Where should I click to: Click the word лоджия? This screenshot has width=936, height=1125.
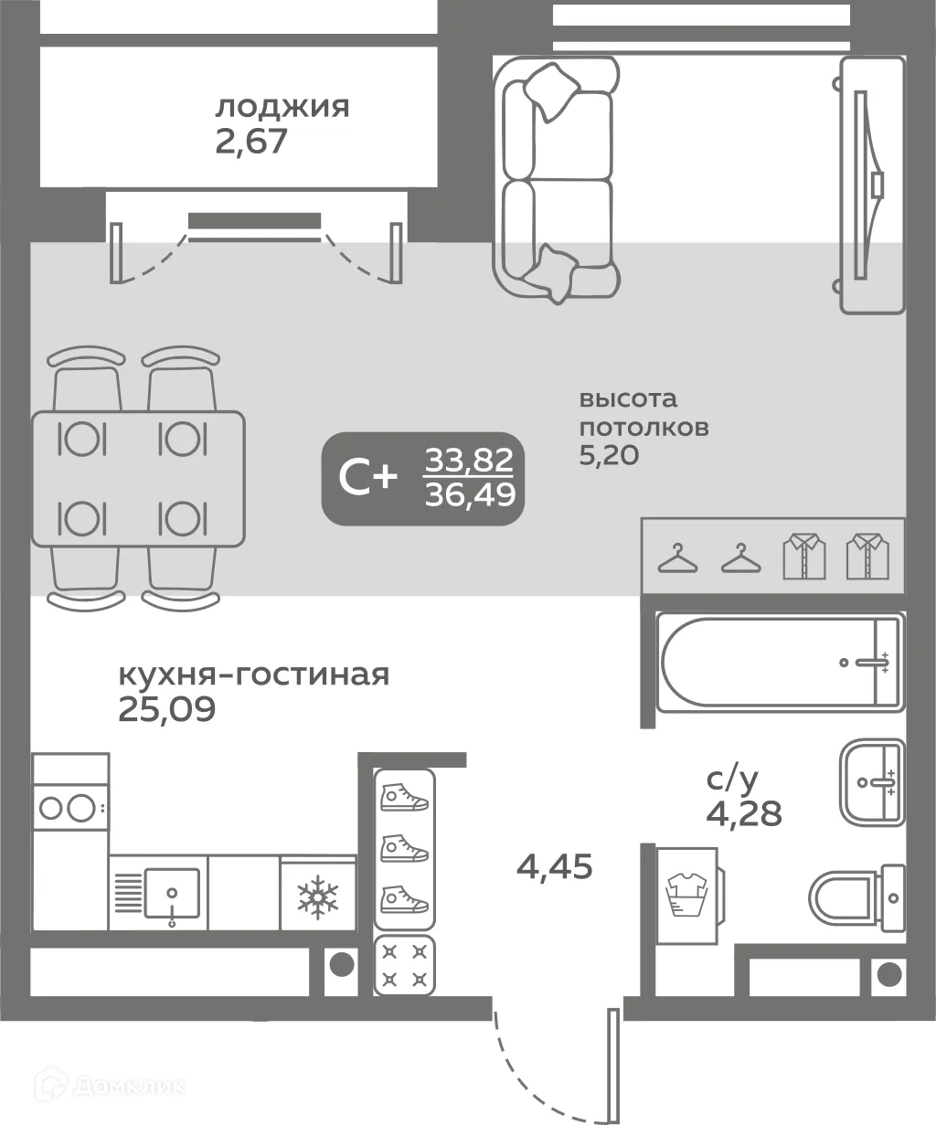coord(282,108)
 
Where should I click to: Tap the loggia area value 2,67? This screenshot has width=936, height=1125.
coord(251,143)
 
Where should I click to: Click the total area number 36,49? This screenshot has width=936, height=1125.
coord(470,494)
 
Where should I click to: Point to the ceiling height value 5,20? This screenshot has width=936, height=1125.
coord(609,456)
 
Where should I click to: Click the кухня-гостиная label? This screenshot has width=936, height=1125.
coord(253,674)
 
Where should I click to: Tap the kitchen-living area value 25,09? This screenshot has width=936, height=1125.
coord(167,709)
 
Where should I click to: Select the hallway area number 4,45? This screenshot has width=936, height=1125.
coord(554,865)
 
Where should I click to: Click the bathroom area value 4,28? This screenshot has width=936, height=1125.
coord(744,812)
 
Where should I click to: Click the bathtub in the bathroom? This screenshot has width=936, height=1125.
coord(778,663)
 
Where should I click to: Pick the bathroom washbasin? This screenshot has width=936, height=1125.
coord(871,782)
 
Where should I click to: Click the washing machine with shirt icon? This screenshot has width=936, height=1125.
coord(688,893)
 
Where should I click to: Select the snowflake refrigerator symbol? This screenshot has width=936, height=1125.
coord(317,895)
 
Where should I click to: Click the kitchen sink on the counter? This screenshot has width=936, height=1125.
coord(171,894)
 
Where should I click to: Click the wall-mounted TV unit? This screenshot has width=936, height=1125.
coord(872,186)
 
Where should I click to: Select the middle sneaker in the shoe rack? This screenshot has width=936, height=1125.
coord(404,848)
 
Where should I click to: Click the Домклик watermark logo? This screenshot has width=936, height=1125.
coord(110,1086)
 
